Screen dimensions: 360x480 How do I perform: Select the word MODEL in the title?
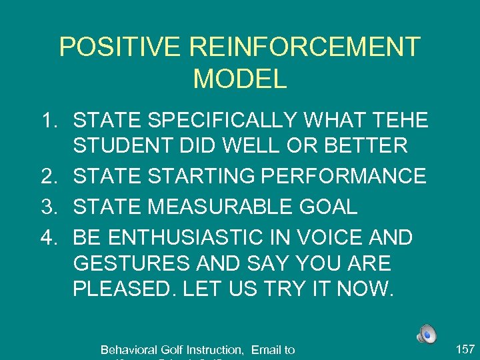coord(240,79)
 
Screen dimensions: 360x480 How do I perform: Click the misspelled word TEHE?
coord(393,121)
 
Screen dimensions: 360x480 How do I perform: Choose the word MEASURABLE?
coord(223,207)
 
